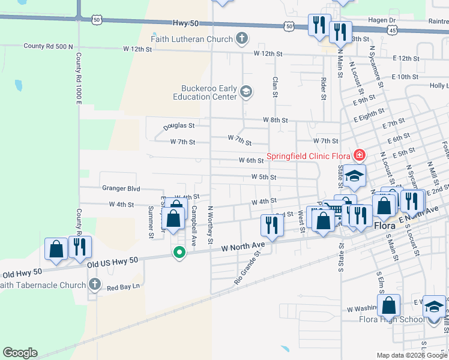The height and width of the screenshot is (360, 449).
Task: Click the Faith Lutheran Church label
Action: click(196, 40)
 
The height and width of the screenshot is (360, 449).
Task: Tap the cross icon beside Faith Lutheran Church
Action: click(242, 40)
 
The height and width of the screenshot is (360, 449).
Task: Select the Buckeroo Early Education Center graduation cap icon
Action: click(245, 92)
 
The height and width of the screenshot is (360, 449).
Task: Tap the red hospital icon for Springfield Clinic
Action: click(359, 155)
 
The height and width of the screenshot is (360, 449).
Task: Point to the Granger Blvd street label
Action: click(121, 188)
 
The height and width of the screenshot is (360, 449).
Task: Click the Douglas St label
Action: click(179, 127)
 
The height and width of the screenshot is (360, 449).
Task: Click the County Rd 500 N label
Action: click(48, 46)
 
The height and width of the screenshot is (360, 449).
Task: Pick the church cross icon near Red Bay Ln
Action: click(94, 283)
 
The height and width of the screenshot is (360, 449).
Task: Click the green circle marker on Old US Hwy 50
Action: click(178, 253)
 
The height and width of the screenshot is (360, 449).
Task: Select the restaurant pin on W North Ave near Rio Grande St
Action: click(271, 225)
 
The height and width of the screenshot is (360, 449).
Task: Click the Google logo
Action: click(20, 353)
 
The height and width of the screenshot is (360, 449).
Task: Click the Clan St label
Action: click(275, 86)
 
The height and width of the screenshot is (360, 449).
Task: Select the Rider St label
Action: click(323, 88)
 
